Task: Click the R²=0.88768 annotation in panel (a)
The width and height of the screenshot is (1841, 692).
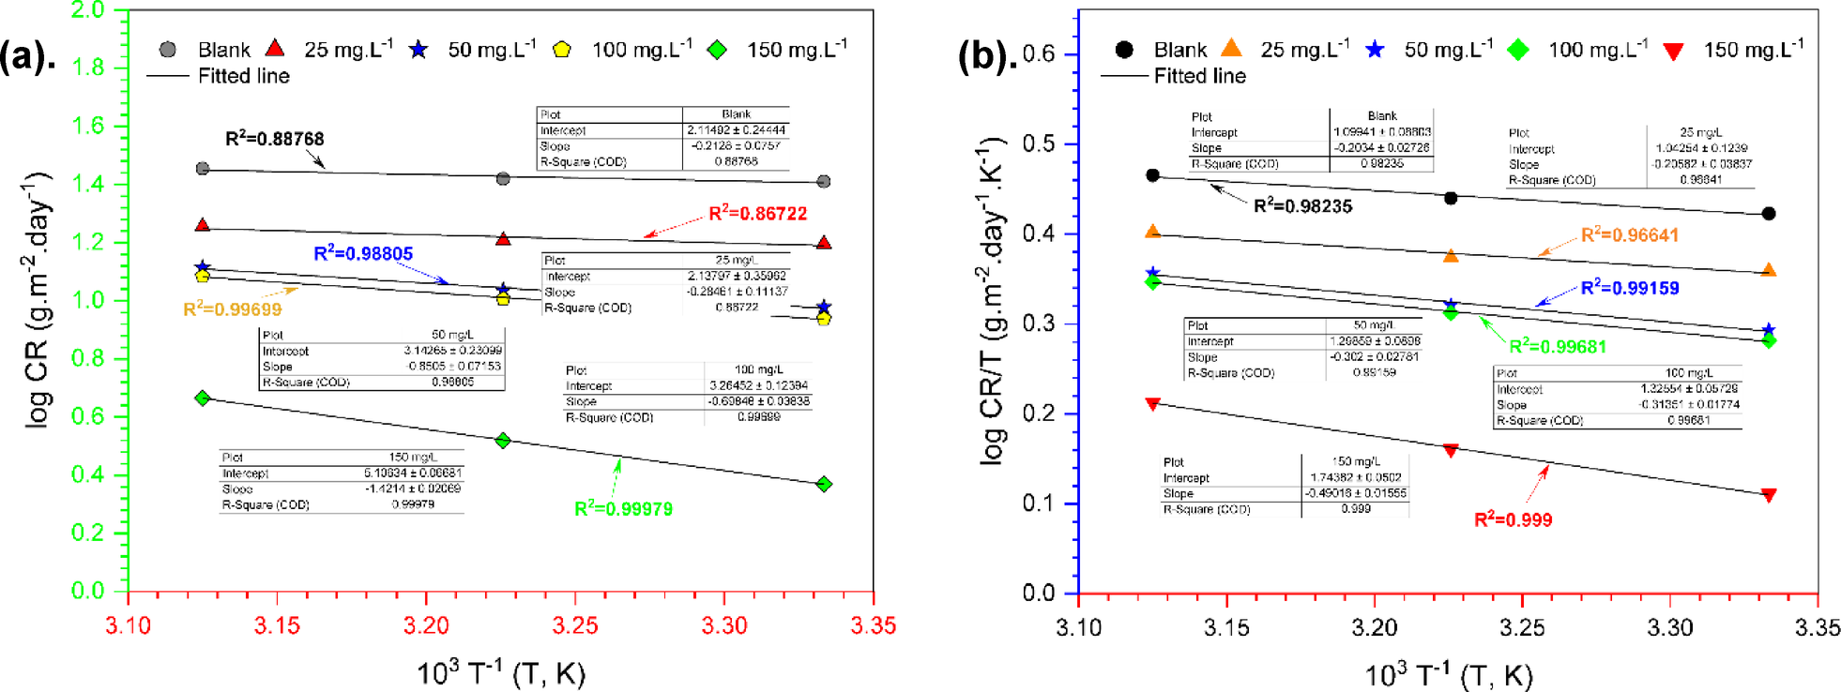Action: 274,139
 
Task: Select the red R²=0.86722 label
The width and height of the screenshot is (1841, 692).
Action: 757,214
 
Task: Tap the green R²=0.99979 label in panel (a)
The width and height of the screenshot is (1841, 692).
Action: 623,509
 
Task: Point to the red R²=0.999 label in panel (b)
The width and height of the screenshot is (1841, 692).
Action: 1513,519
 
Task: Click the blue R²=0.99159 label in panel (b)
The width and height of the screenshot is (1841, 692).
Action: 1629,288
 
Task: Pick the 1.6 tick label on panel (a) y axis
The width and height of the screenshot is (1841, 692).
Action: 88,126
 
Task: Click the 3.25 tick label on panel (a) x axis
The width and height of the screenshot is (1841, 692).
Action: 575,625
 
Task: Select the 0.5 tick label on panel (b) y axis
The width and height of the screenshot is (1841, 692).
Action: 1038,143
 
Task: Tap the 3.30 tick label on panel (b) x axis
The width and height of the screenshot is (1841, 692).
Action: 1669,627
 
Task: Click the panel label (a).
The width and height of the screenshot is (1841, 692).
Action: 28,56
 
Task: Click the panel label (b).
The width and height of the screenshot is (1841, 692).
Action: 986,56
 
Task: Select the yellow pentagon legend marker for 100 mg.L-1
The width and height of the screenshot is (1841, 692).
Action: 561,50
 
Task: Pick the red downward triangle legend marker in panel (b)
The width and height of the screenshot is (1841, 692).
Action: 1673,51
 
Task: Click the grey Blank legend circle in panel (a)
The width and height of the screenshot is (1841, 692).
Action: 168,50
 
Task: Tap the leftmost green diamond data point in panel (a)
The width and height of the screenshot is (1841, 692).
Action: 203,399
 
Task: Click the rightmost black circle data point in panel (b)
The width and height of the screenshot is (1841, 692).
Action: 1769,214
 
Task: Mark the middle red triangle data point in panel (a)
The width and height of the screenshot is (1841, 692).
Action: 503,239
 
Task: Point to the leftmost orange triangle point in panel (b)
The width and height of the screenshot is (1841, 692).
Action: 1153,232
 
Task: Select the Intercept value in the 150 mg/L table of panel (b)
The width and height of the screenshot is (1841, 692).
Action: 1355,477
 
